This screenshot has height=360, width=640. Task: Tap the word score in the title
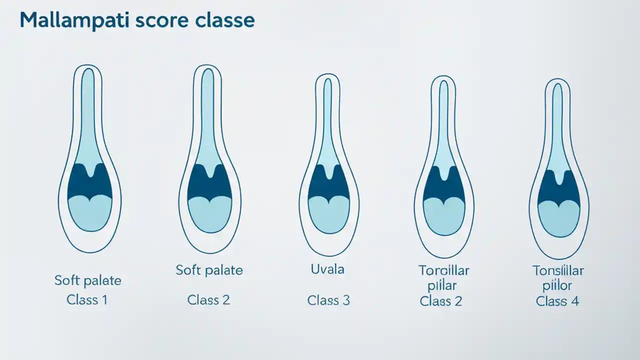point(162,21)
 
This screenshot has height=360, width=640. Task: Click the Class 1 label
point(87,300)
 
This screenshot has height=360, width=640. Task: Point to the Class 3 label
point(328,300)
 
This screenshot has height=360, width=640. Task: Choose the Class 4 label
point(557,301)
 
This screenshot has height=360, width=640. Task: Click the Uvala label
point(327,269)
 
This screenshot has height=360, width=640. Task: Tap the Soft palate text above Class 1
point(88,280)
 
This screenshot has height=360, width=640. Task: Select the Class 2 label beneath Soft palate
point(208,300)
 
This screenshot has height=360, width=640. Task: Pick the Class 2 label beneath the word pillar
point(441,301)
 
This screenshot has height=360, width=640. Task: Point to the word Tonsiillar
point(558,271)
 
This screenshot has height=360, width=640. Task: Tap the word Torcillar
point(443,270)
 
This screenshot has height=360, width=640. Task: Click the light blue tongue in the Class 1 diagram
point(89,214)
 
